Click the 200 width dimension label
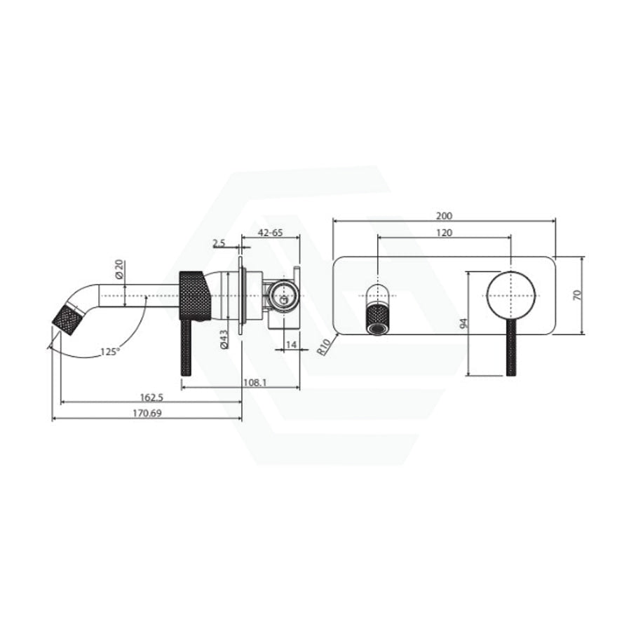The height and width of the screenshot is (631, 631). [x=445, y=216]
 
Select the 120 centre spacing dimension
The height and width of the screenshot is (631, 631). [x=444, y=233]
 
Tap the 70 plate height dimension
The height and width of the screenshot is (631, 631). [x=577, y=295]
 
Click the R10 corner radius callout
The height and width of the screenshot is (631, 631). [x=324, y=346]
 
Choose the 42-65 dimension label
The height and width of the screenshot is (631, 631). [x=270, y=233]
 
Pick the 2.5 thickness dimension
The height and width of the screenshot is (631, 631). [x=219, y=243]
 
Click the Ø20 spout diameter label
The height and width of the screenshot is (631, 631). [x=119, y=269]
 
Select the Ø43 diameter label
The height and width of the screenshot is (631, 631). [x=224, y=339]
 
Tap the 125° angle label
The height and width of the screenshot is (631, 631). [x=110, y=351]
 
